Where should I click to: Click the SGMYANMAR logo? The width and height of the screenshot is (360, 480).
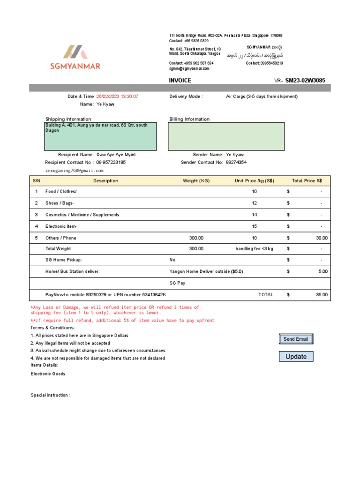[75, 57]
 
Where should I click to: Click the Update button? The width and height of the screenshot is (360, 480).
[296, 357]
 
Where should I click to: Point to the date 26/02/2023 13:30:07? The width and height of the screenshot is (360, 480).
[117, 97]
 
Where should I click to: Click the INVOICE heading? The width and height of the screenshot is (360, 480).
[180, 81]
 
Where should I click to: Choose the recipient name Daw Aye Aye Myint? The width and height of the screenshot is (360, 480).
[116, 155]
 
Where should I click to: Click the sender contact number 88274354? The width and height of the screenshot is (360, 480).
[236, 163]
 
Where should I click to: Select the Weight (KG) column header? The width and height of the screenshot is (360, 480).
[196, 181]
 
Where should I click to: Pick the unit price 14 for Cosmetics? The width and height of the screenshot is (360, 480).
[255, 215]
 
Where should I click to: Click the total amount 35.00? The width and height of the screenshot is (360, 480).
[322, 295]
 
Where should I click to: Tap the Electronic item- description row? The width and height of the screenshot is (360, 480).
[61, 226]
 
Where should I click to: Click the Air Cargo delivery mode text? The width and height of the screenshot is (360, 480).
[262, 97]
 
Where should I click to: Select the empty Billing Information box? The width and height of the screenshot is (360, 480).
[226, 136]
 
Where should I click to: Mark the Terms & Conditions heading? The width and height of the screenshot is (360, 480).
[52, 328]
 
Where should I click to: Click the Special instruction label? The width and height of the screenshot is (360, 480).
[50, 395]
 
